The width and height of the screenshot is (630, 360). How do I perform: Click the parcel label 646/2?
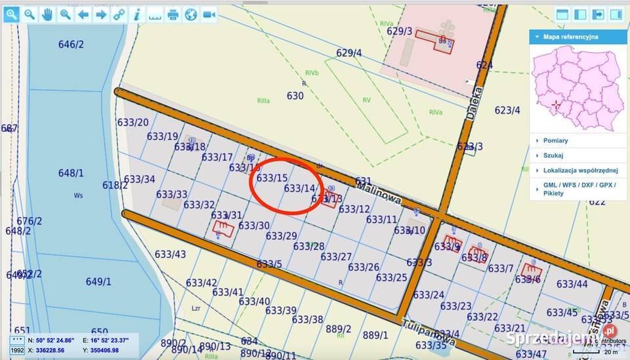coord(71,45)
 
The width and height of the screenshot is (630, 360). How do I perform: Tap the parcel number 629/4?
coord(348,53)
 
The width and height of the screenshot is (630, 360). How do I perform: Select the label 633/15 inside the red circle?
coord(272,178)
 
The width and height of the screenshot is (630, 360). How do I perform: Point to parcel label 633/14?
coord(299,188)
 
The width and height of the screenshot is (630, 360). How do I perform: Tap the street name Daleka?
coord(474,102)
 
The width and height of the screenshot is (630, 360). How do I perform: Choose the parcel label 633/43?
coord(170,254)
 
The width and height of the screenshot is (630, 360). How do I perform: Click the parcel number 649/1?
coord(98,281)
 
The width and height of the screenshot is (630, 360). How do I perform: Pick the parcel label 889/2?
coord(339,329)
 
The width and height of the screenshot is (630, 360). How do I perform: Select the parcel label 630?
coord(295,96)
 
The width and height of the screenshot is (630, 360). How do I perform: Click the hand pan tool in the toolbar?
coord(47,14)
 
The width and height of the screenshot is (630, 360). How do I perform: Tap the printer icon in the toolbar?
coord(173,14)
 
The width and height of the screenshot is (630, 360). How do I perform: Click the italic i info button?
coord(136,14)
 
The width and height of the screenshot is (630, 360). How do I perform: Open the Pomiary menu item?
coord(555,140)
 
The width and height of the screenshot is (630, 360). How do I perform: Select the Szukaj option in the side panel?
coord(553,155)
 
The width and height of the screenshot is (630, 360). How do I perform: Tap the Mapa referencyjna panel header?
coord(571,37)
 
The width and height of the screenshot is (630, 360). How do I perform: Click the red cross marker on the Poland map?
coord(556,104)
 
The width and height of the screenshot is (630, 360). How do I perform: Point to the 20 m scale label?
coord(611,352)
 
